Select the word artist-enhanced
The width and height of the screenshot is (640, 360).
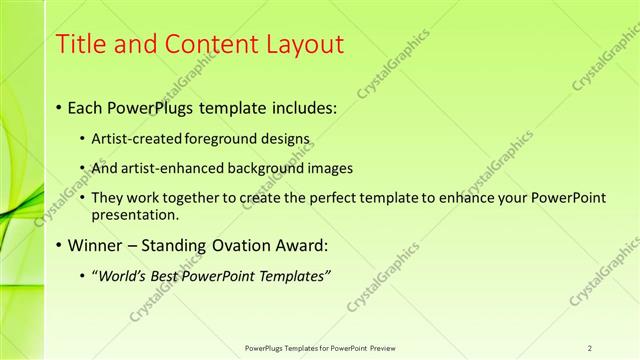click(x=166, y=168)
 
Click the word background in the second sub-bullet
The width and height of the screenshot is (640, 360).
click(x=262, y=168)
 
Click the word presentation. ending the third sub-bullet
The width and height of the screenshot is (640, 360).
click(x=134, y=214)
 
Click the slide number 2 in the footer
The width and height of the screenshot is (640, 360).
click(x=590, y=347)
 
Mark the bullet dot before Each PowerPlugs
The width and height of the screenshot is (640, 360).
click(x=59, y=107)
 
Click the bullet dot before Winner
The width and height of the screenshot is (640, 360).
click(x=59, y=246)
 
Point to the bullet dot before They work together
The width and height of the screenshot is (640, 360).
click(x=82, y=199)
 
